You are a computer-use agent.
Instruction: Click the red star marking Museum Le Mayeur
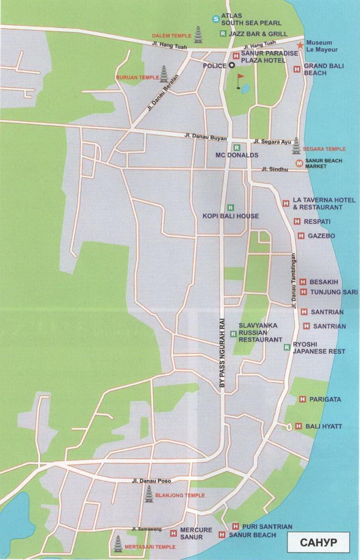[300, 45]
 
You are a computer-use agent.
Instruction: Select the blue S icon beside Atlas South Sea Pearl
[216, 18]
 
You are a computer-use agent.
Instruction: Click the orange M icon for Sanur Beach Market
[298, 163]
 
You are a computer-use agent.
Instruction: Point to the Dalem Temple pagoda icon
[198, 35]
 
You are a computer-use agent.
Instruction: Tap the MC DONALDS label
[237, 155]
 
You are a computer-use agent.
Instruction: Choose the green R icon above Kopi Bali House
[231, 208]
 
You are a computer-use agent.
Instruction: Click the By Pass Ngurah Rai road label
[221, 345]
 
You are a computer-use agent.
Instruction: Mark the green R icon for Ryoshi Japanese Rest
[287, 347]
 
